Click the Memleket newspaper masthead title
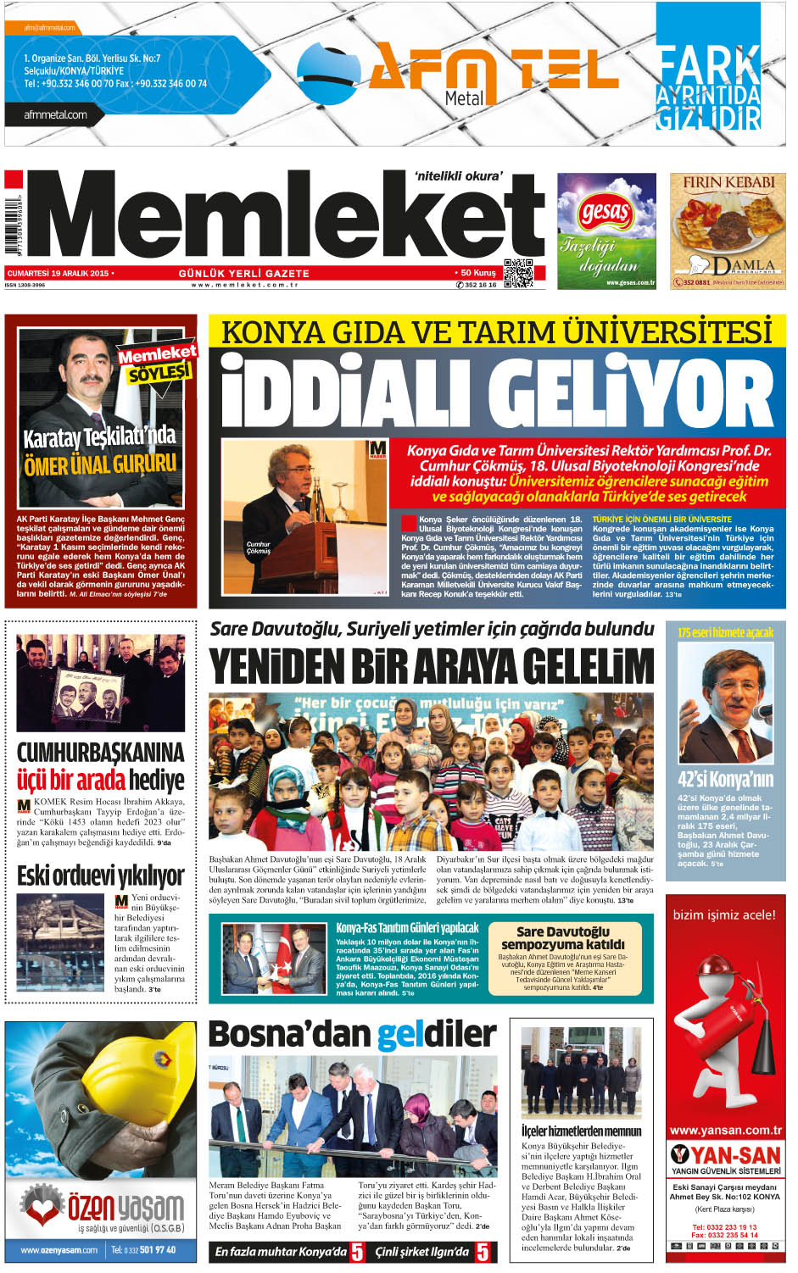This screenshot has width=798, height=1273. pos(288,216)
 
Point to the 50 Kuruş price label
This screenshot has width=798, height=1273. pos(477,273)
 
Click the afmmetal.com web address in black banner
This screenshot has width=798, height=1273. pos(56,115)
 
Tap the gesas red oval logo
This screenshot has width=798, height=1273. pos(605,213)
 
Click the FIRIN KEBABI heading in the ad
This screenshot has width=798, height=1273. pos(728,182)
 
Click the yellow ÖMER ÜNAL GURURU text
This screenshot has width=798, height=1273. pos(100,464)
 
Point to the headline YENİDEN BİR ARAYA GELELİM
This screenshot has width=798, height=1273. pos(432,666)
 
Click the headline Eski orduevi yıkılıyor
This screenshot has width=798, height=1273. pos(100,875)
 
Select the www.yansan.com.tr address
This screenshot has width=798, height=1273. pos(725,1130)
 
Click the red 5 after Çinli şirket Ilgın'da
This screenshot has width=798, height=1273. pos(483,1251)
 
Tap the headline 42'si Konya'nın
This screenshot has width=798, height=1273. pos(725,779)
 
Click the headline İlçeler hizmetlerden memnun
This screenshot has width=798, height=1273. pos(581,1131)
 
